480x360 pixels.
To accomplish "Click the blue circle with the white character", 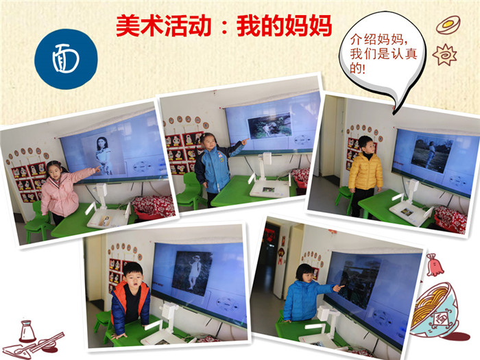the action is point(66,59).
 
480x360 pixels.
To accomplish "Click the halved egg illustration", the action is point(448,25).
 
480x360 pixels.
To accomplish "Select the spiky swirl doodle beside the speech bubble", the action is point(444,54).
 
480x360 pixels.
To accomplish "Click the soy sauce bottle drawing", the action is point(27,331).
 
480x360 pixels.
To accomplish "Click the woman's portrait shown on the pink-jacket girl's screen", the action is point(103,155).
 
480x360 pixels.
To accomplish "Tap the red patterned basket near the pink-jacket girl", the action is point(152,206).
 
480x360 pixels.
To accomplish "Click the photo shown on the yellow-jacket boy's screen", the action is point(431,154).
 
